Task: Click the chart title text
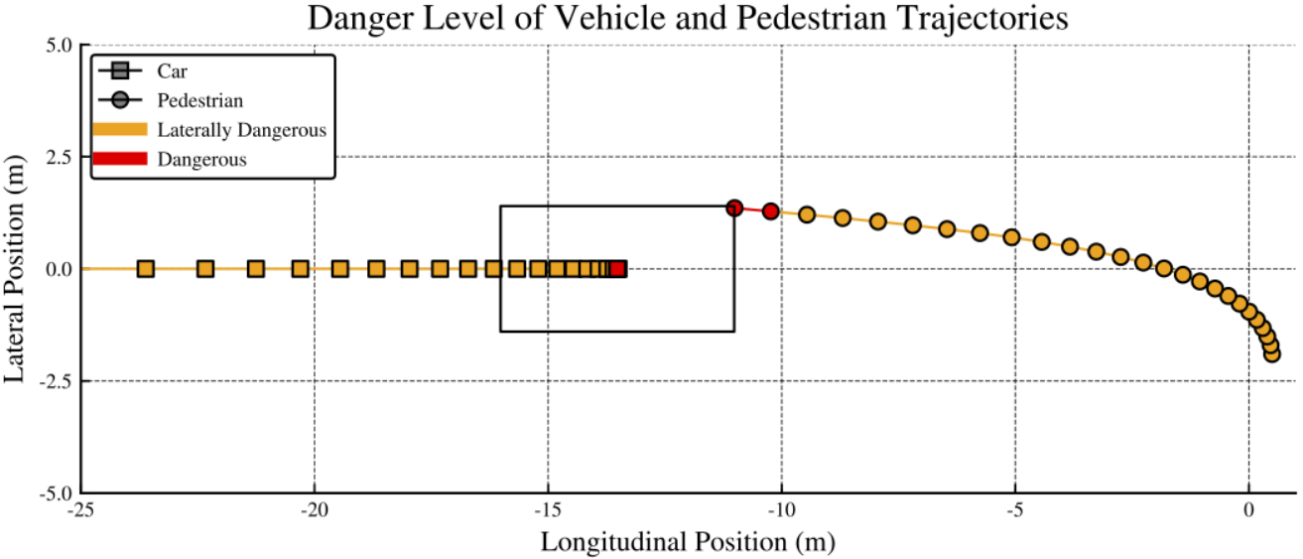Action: [688, 19]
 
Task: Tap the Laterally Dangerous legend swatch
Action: [120, 129]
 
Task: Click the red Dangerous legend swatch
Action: [120, 159]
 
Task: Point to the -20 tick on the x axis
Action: [315, 510]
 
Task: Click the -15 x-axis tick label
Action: [548, 510]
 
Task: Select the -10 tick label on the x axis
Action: [781, 510]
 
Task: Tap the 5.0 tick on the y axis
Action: [60, 46]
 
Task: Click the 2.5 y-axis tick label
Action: [60, 157]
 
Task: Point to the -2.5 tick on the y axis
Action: [56, 381]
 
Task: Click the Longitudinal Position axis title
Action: [688, 542]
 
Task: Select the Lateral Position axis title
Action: [14, 269]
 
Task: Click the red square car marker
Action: [618, 269]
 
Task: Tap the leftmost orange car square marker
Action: [146, 269]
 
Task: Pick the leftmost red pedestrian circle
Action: [734, 208]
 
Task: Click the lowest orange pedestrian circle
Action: [1272, 353]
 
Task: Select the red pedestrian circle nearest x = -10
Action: [771, 211]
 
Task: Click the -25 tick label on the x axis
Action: [80, 510]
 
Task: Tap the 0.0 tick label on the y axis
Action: [60, 270]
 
